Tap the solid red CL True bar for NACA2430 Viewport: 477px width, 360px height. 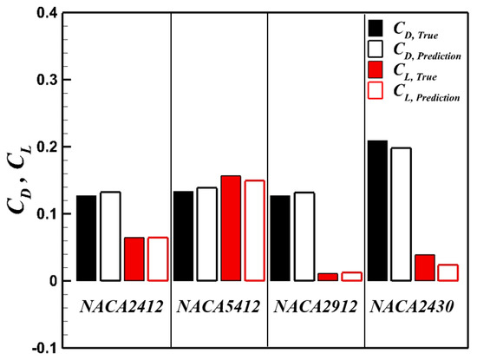point(424,267)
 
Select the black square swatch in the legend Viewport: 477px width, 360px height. point(375,26)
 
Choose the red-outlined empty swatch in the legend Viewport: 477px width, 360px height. point(375,90)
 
